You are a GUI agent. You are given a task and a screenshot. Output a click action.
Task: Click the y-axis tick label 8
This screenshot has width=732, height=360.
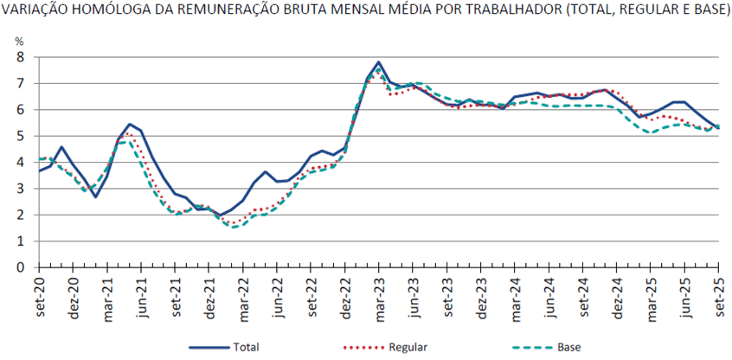20,56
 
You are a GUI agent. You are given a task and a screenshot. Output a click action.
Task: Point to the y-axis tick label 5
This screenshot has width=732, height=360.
20,136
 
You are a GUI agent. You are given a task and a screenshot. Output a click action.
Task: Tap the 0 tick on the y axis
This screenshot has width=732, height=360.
20,267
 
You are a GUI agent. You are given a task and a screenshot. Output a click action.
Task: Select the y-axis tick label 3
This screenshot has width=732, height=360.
20,189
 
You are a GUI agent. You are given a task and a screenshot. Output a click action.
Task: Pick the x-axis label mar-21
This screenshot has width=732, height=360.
107,297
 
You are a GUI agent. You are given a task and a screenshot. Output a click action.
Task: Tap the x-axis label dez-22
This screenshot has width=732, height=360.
344,297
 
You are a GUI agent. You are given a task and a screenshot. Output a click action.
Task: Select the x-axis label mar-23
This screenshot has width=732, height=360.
378,297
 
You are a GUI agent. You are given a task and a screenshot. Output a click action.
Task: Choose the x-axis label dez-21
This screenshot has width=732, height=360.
209,297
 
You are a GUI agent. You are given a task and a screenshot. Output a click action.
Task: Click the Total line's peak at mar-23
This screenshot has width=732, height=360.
379,62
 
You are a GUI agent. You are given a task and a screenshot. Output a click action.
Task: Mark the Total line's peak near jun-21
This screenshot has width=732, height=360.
130,124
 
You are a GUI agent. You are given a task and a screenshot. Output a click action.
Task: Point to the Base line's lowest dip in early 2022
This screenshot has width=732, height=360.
235,228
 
